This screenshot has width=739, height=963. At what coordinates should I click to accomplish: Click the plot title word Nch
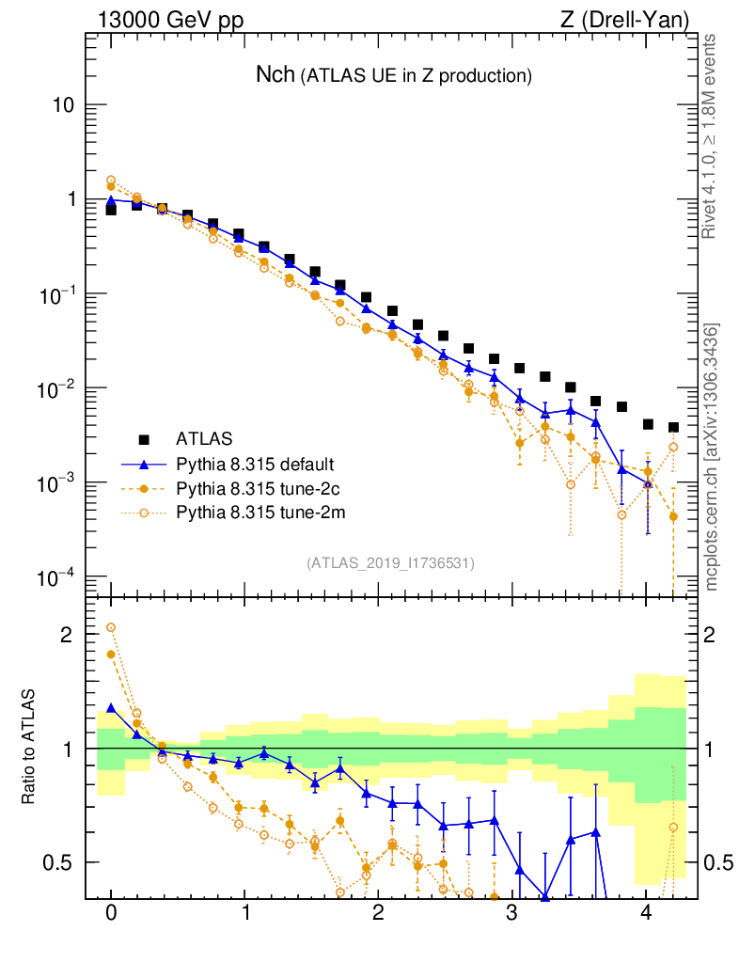[x=275, y=75]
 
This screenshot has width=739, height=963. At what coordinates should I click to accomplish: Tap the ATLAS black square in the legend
[x=144, y=438]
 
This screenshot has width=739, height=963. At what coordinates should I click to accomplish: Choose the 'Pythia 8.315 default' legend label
[x=255, y=464]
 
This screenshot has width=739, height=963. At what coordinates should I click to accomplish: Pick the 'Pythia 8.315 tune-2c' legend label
[x=255, y=487]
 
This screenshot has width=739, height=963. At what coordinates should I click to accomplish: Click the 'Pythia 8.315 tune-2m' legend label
[x=255, y=512]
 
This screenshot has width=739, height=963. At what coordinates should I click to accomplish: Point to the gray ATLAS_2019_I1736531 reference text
[x=390, y=562]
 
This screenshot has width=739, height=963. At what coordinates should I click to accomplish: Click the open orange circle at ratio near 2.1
[x=111, y=627]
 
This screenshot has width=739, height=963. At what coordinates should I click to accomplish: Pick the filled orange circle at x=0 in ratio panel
[x=111, y=655]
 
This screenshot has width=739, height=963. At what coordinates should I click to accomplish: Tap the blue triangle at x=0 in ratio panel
[x=111, y=708]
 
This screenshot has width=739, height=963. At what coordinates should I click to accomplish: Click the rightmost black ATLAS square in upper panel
[x=673, y=428]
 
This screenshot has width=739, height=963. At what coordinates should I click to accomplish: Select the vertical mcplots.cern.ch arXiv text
[x=713, y=456]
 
